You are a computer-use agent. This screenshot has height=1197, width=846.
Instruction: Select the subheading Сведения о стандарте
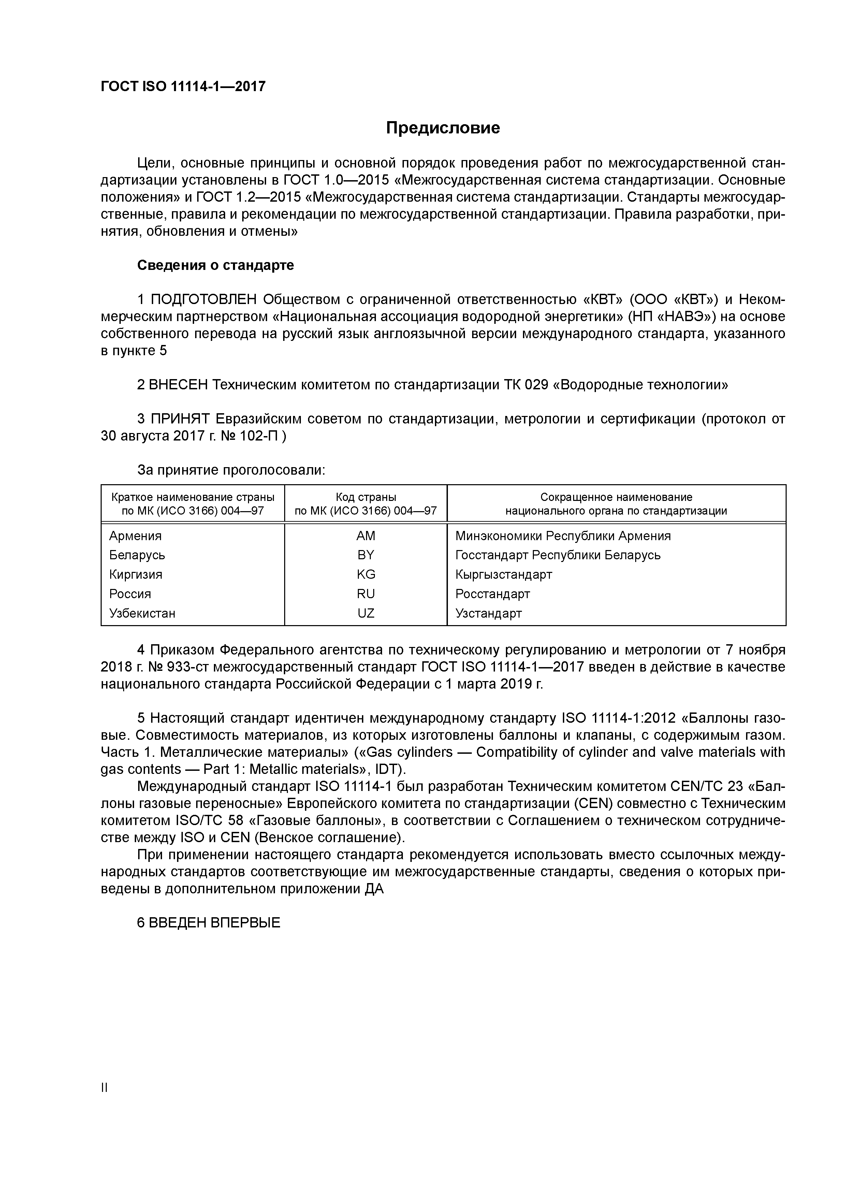[x=215, y=265]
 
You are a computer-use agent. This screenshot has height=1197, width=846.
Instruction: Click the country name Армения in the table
[x=135, y=536]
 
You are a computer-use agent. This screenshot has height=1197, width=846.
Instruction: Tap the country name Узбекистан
[x=142, y=613]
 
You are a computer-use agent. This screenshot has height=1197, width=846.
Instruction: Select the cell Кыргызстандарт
[x=503, y=575]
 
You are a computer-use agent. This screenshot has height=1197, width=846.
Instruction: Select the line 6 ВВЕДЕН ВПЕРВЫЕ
[x=208, y=923]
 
